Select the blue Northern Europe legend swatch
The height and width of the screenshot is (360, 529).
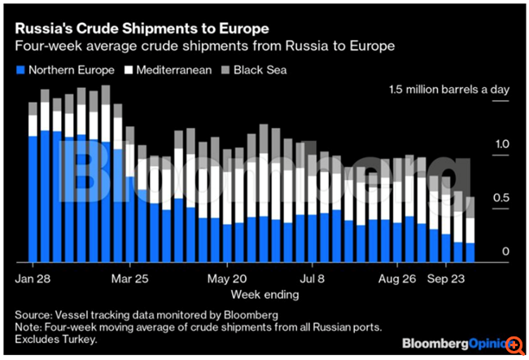tap(21, 70)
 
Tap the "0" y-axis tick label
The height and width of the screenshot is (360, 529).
tap(505, 252)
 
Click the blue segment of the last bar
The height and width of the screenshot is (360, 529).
tap(470, 252)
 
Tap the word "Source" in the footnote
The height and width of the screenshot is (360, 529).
tap(35, 314)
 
